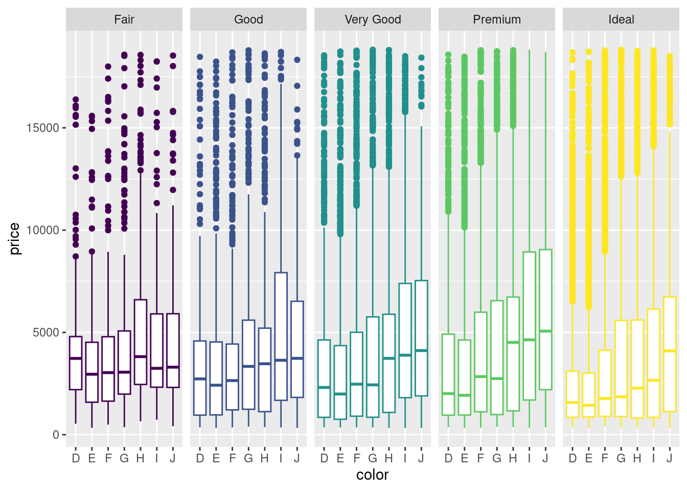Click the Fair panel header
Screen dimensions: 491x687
point(124,19)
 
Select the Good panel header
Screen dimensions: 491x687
point(248,19)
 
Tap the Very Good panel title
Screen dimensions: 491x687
point(373,19)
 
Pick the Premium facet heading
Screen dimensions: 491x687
point(497,19)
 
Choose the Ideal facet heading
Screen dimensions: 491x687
point(621,19)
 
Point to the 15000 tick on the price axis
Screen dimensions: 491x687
point(43,128)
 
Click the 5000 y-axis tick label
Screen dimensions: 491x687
point(46,332)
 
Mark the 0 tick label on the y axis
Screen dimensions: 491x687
point(56,435)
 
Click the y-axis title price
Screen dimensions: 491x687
point(14,238)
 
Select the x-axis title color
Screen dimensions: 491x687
point(373,475)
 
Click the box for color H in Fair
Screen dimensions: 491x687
point(141,342)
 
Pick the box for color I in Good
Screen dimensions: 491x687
point(281,336)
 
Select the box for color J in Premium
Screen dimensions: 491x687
point(545,319)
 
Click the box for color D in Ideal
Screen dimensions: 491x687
point(572,394)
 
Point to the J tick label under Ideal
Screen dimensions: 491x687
point(670,458)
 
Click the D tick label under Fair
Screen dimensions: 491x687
point(76,458)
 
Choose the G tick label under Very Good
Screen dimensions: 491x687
point(373,458)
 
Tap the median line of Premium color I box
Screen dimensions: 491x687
point(529,340)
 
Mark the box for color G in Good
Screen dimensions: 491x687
point(248,364)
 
